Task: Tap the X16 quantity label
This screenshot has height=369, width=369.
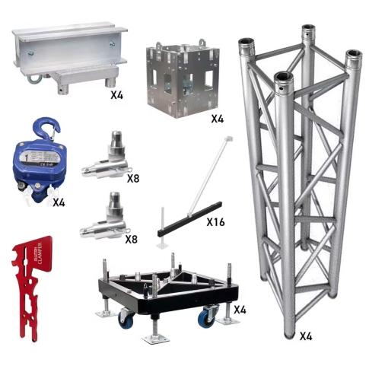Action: point(217,224)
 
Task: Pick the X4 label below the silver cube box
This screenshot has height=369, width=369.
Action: point(218,119)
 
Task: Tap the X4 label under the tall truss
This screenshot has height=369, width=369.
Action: point(307,334)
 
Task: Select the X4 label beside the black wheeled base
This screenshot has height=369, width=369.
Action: point(239,310)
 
